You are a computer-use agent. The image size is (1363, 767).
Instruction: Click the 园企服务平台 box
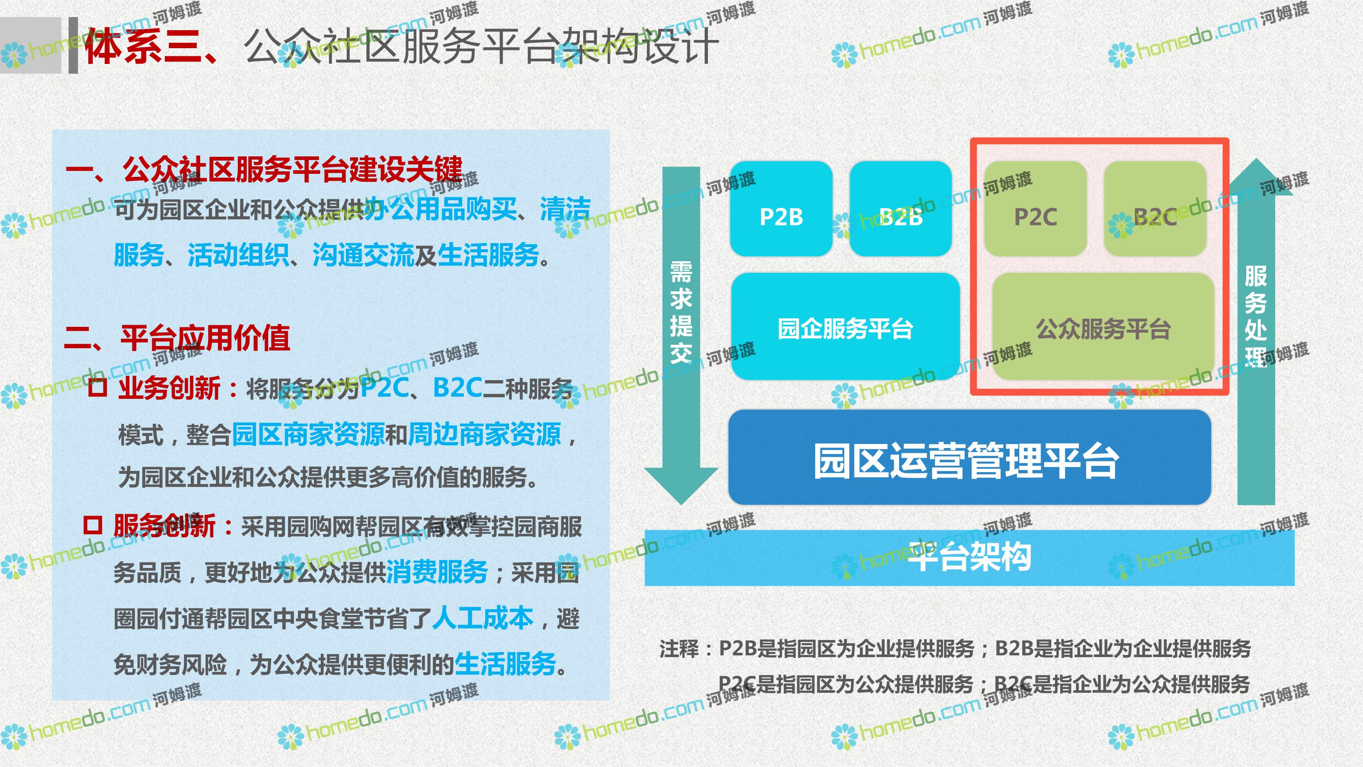845,326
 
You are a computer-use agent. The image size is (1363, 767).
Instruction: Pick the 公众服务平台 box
1103,326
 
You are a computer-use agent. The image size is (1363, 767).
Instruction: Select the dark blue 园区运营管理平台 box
970,457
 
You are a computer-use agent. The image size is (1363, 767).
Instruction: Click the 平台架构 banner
969,557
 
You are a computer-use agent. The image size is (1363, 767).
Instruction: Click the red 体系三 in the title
141,46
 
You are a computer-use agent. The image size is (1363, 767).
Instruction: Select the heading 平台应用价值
205,338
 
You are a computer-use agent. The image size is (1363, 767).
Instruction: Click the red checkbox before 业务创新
98,387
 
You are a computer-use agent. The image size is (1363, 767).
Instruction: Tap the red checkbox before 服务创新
92,525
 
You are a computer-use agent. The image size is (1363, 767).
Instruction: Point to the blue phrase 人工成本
483,618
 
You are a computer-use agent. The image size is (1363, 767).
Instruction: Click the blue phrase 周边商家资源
484,435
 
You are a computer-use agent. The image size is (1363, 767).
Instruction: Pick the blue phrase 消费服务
437,572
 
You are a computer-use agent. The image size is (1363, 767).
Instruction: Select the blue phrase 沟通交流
363,255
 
